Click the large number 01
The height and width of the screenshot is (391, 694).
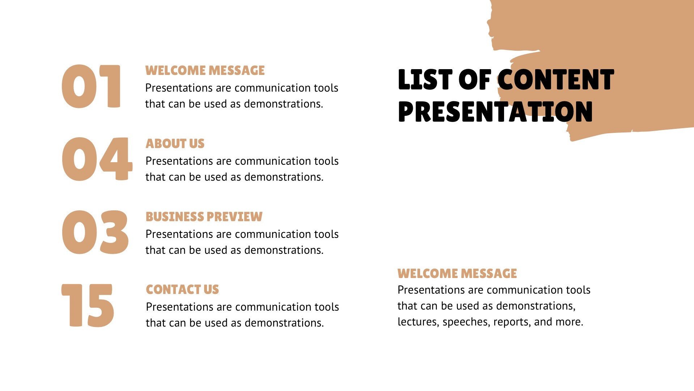(x=91, y=87)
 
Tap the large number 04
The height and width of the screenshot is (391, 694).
(x=97, y=159)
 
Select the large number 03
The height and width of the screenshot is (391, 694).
(x=95, y=232)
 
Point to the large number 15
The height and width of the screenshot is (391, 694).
(x=88, y=305)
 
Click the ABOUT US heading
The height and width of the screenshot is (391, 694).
(x=175, y=144)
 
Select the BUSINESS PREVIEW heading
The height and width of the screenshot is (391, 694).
(x=204, y=217)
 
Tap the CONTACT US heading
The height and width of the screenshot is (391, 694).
(x=182, y=290)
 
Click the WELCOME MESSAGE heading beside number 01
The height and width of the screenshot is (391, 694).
(x=205, y=71)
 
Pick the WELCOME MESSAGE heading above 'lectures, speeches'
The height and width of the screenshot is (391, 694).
(x=457, y=274)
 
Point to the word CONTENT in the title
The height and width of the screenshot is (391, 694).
(x=556, y=80)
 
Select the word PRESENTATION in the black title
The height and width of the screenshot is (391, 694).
(x=495, y=111)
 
